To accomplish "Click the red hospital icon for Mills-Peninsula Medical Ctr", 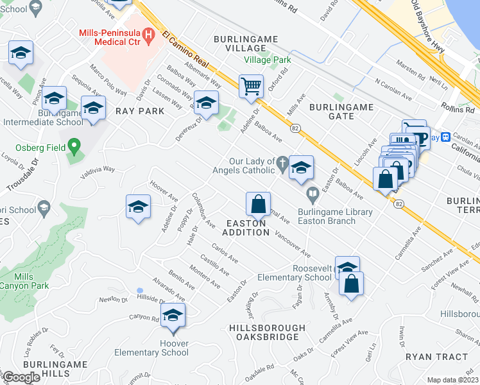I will coord(149,34).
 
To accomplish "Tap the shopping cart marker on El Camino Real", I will coord(251,85).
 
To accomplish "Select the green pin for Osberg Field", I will coord(74,147).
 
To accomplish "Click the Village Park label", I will coord(268,60).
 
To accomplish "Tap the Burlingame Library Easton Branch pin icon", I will coord(312,193).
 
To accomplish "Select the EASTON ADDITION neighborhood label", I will coord(247,227).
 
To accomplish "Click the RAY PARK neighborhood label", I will coord(140,111).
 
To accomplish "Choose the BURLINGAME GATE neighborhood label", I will coord(332,110).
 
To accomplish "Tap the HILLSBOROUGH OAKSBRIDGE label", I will coord(264,332).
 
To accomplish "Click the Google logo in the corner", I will coord(21,377).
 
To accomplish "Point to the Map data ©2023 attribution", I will coord(452,380).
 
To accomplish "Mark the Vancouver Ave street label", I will coord(293,244).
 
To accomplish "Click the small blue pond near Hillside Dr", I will coord(140,291).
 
